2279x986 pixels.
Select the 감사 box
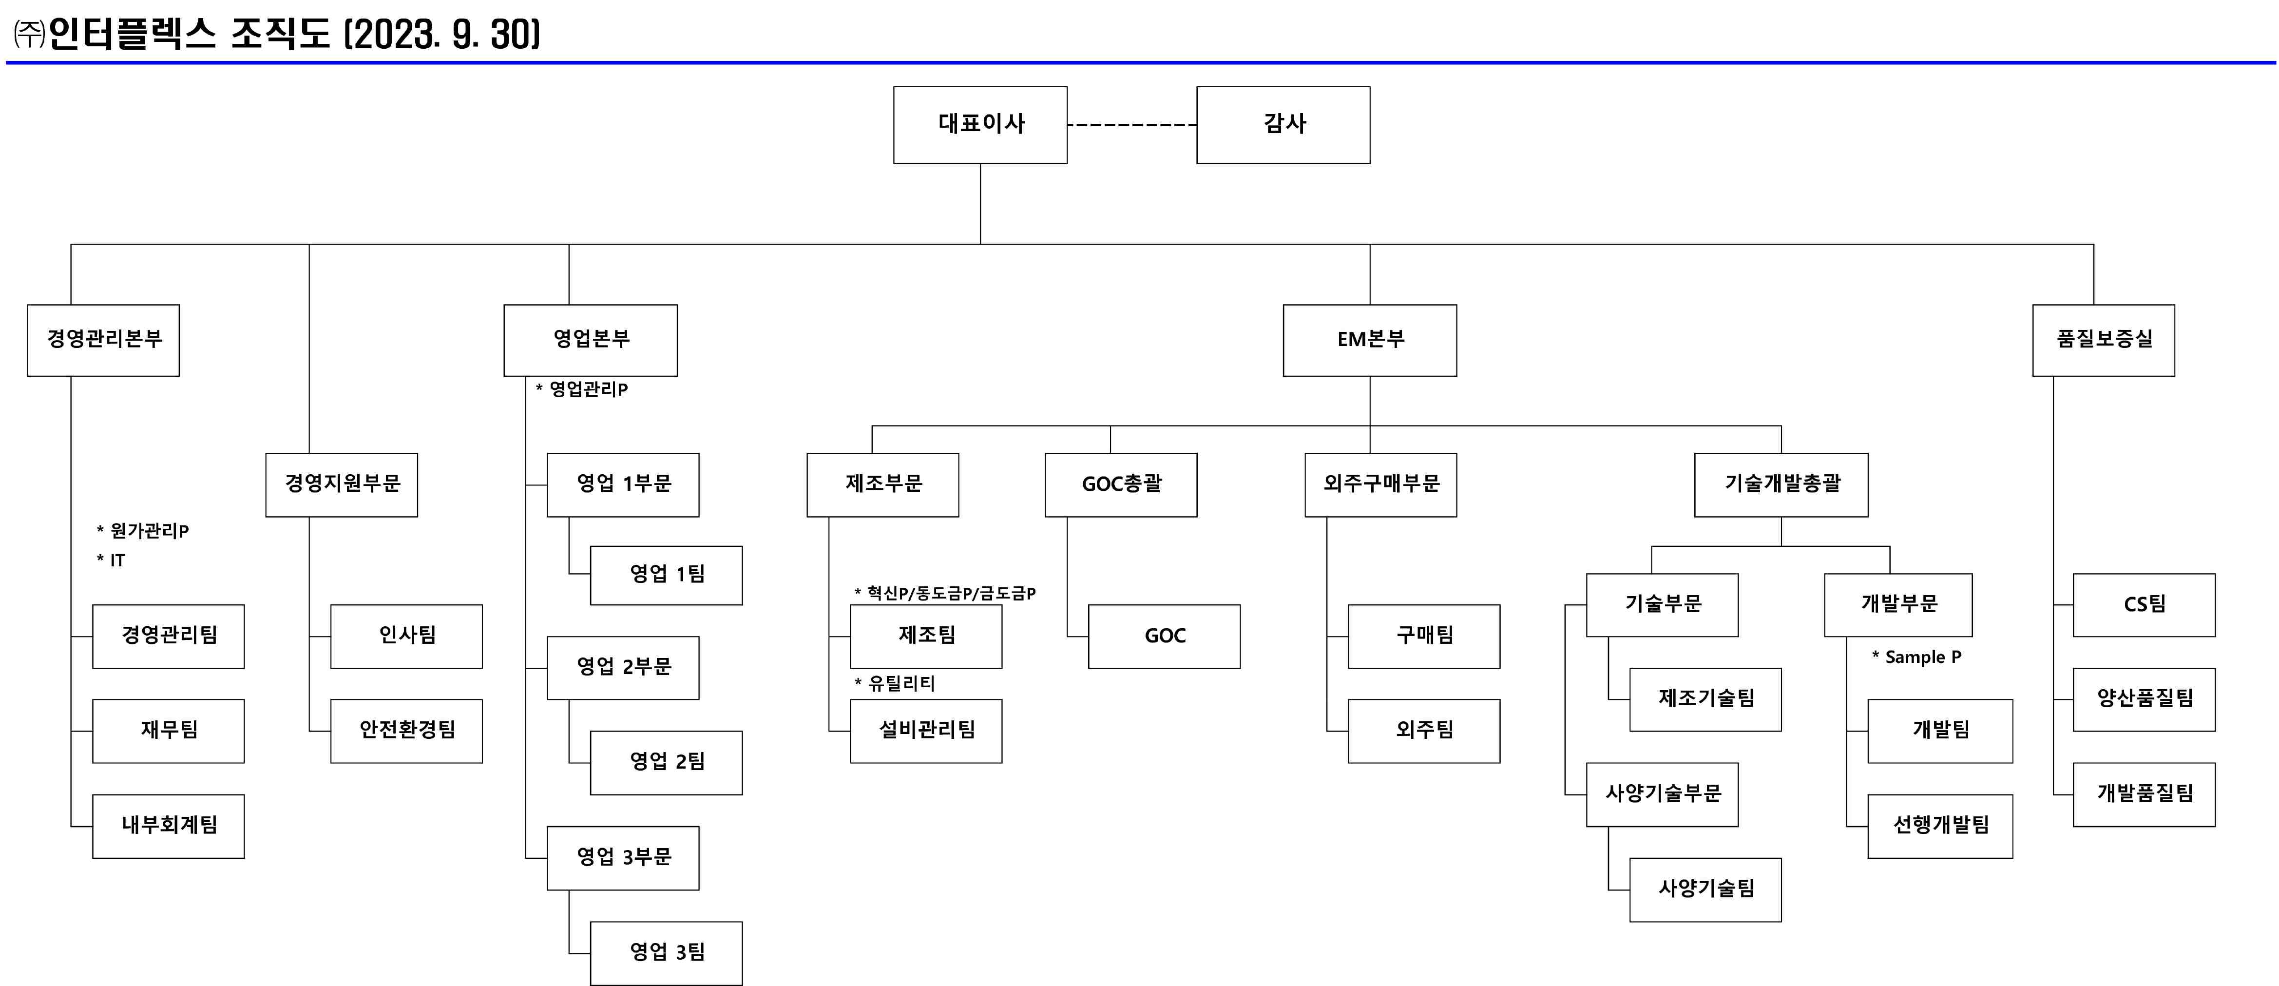1283,125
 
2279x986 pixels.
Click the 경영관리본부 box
103,340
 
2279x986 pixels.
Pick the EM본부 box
1370,340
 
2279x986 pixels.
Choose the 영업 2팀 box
666,762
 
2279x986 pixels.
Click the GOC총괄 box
1121,484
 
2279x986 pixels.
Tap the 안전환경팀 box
406,730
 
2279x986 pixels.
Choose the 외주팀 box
1423,730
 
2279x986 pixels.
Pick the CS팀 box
2144,604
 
